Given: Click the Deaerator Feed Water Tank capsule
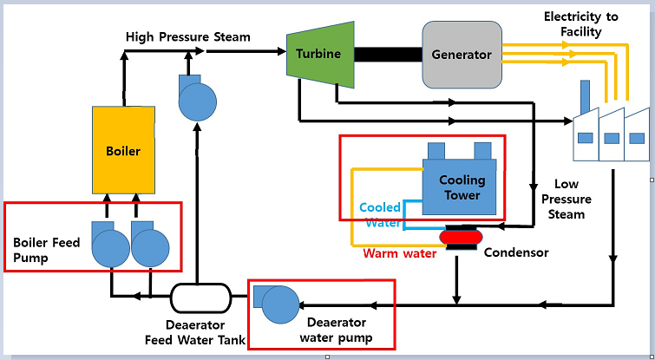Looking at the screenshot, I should pyautogui.click(x=200, y=298).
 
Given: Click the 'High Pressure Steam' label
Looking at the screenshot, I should pyautogui.click(x=187, y=37).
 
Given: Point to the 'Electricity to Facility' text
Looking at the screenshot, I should pyautogui.click(x=584, y=24).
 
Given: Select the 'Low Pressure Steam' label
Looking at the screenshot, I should pyautogui.click(x=572, y=199).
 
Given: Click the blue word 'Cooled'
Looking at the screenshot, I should pyautogui.click(x=380, y=208).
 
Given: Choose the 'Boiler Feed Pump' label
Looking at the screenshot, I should pyautogui.click(x=47, y=249).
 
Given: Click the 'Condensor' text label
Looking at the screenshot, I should pyautogui.click(x=516, y=253).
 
